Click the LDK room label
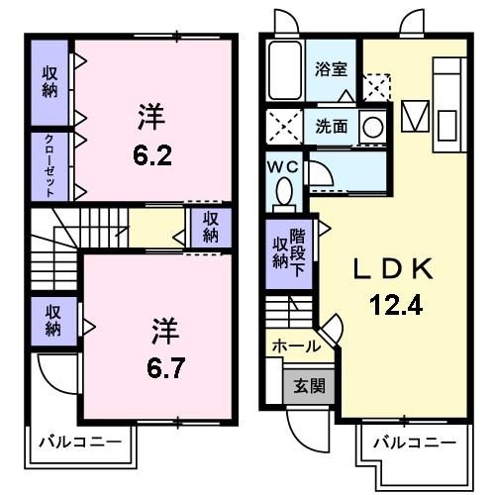393,268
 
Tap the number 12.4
396,305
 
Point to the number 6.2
152,155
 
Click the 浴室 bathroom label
331,69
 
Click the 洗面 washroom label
332,127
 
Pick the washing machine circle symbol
373,127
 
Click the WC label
283,167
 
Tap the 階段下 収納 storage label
289,252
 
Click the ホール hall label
296,346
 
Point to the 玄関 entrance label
309,386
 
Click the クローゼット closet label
49,165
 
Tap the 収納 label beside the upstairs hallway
211,227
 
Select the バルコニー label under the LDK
415,443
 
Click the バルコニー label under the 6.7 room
80,442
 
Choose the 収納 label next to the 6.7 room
52,321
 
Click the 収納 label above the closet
49,82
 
